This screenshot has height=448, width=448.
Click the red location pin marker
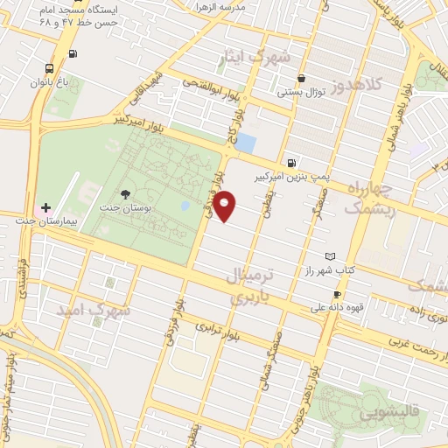pos(226,205)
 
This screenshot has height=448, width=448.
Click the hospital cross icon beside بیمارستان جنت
pos(46,207)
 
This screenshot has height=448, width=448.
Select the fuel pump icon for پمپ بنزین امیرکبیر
pos(290,162)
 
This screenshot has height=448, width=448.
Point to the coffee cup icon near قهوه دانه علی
pos(337,294)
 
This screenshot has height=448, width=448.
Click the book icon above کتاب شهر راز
pos(329,256)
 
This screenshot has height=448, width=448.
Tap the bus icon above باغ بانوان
pos(48,67)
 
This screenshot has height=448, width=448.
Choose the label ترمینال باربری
pos(251,286)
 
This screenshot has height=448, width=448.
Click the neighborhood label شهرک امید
pos(94,310)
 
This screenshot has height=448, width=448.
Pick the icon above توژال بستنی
pos(301,77)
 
